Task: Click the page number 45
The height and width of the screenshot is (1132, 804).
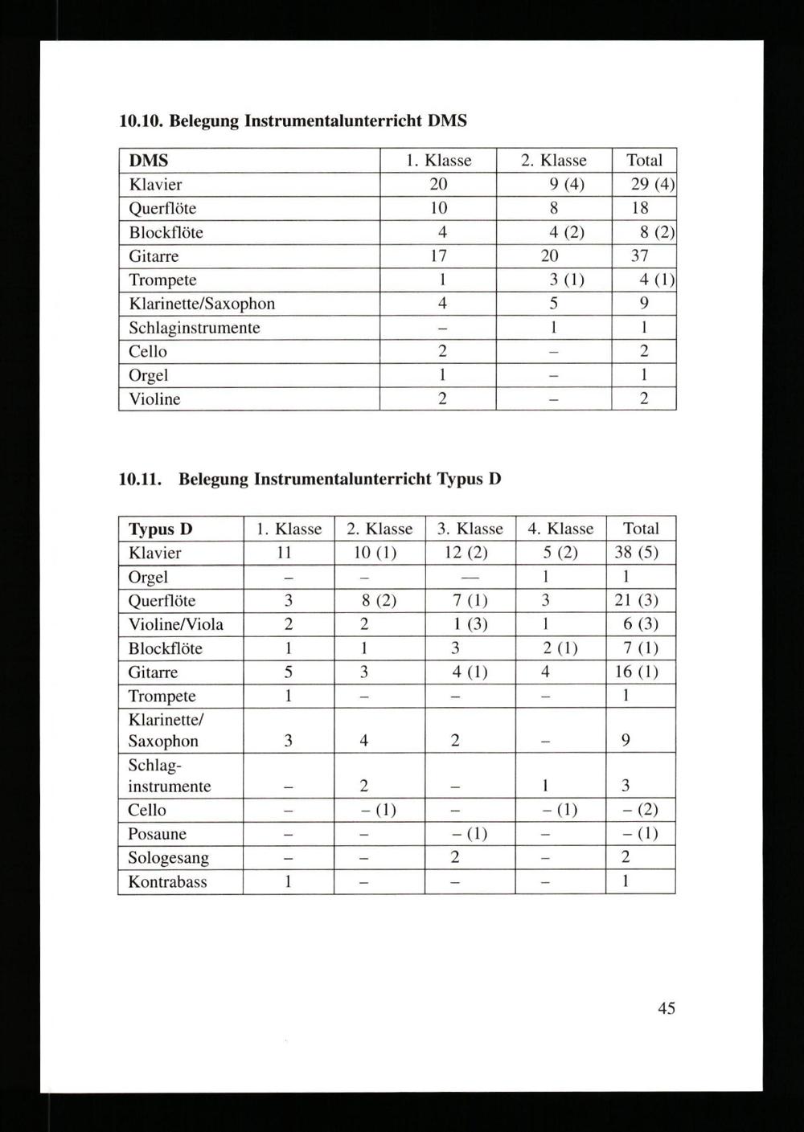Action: click(666, 1007)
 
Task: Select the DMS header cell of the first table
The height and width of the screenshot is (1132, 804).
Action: click(149, 161)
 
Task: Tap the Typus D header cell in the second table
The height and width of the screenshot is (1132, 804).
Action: click(161, 529)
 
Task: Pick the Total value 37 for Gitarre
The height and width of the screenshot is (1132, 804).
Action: click(640, 256)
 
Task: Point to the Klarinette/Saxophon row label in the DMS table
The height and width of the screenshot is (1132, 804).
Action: click(202, 304)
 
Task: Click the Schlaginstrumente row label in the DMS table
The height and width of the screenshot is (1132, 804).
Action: click(195, 328)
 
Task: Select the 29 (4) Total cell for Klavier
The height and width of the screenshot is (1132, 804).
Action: click(651, 184)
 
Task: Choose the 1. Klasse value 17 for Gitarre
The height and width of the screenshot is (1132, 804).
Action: click(438, 256)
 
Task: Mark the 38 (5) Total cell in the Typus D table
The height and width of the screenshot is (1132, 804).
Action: click(641, 553)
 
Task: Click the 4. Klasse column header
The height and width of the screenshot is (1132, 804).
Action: click(560, 529)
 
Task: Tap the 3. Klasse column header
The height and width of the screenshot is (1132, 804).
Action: click(470, 529)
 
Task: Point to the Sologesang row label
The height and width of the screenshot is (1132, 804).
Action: click(168, 858)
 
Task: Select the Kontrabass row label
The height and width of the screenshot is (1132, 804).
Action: click(167, 882)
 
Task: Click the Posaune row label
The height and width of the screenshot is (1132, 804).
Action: click(157, 834)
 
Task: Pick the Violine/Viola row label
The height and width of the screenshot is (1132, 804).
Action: click(176, 624)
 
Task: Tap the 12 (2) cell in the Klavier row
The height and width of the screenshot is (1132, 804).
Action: click(466, 553)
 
